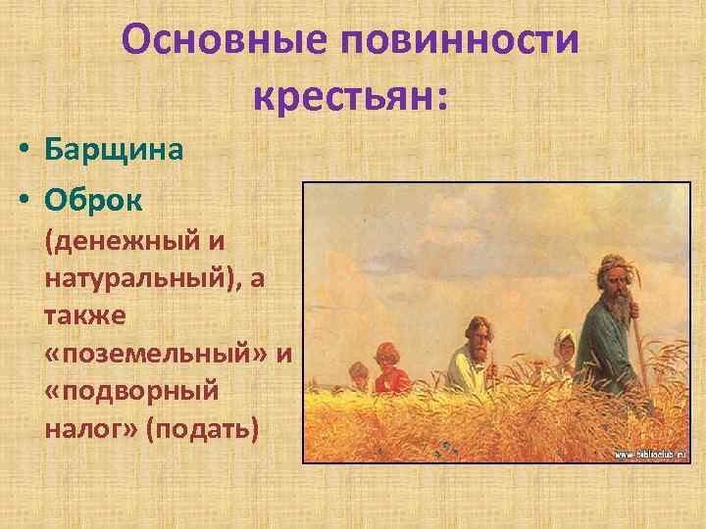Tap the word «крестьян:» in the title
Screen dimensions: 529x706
pos(350,96)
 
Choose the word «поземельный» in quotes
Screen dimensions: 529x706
pos(157,354)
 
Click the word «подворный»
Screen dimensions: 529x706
pos(131,392)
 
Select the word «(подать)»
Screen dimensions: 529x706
pos(201,429)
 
